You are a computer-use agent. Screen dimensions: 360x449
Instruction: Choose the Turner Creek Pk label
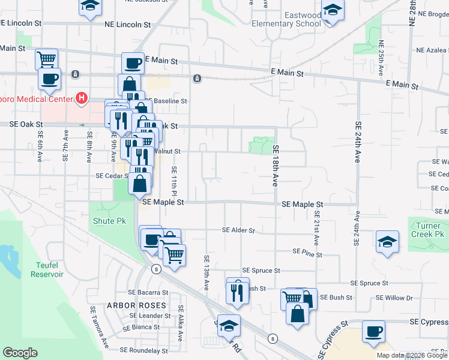coord(427,230)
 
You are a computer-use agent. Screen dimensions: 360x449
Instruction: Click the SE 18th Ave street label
coord(276,166)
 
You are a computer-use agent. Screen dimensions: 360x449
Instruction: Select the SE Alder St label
coord(238,230)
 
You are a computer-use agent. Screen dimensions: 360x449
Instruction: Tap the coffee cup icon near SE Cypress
coord(373,332)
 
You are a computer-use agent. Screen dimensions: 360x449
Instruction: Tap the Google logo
coord(20,353)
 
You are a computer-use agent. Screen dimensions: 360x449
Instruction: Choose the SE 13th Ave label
coord(206,273)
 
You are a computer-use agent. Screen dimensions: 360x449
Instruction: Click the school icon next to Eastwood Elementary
coord(331,11)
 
